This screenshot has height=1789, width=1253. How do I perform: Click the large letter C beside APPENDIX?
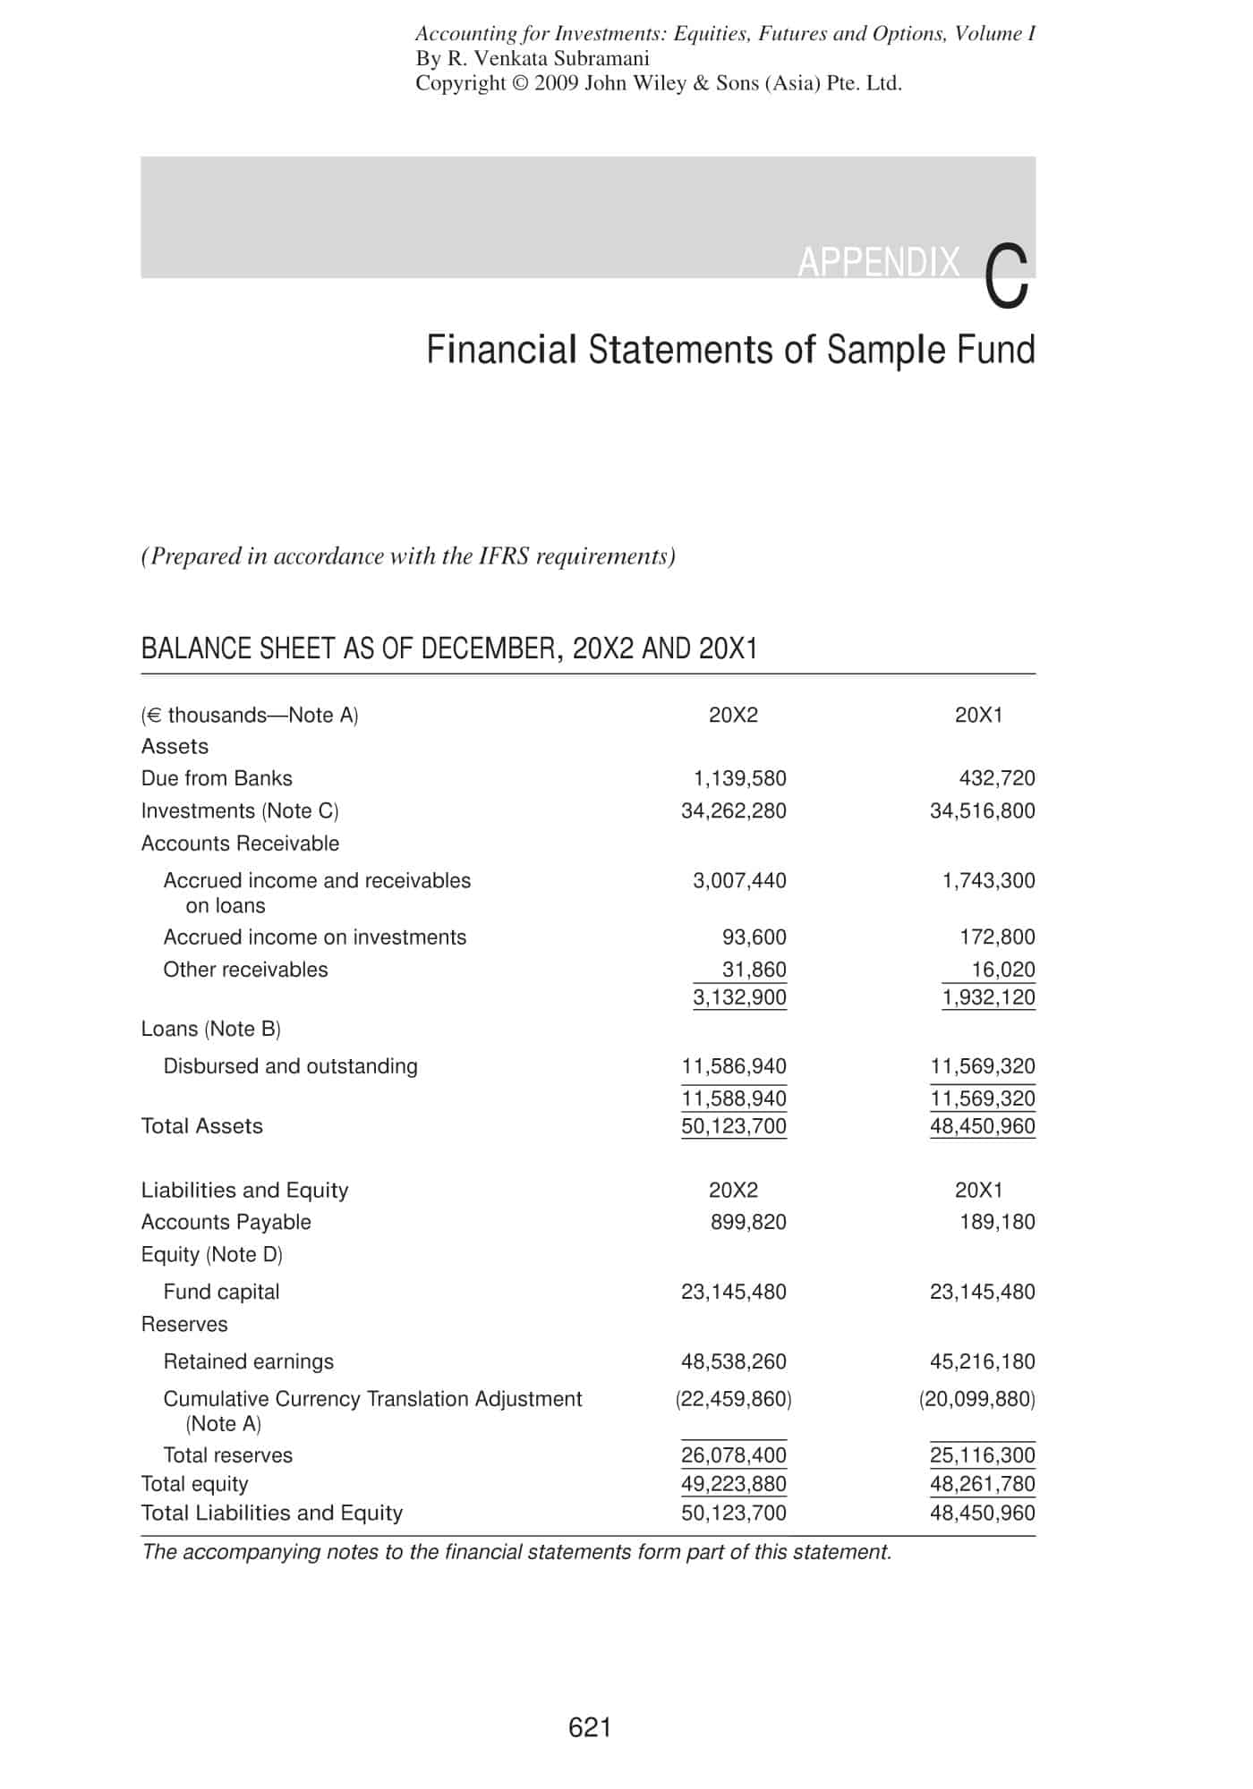[x=1007, y=277]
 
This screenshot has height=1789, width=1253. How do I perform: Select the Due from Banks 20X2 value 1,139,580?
[x=740, y=778]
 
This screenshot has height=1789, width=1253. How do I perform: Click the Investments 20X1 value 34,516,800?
[x=982, y=810]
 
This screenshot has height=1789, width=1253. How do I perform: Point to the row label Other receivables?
[x=245, y=970]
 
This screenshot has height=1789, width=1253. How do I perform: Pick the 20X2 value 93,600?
[x=754, y=937]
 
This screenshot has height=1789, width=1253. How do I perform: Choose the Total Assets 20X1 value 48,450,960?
[x=982, y=1126]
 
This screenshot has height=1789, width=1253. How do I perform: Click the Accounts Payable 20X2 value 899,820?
[x=748, y=1222]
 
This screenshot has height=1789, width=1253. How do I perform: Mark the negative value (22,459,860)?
[x=733, y=1398]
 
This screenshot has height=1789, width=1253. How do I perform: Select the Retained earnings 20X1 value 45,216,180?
[x=982, y=1361]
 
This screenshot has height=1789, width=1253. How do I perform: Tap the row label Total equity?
[x=194, y=1484]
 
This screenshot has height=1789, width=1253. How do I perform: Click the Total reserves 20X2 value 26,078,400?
[x=733, y=1455]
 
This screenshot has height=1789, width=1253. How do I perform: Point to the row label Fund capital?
[x=221, y=1292]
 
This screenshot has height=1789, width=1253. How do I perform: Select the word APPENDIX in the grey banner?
[x=878, y=262]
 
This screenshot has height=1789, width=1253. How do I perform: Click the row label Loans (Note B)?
[x=211, y=1029]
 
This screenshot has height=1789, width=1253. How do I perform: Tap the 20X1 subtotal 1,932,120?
[x=988, y=997]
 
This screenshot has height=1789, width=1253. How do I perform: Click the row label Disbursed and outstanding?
[x=290, y=1066]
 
